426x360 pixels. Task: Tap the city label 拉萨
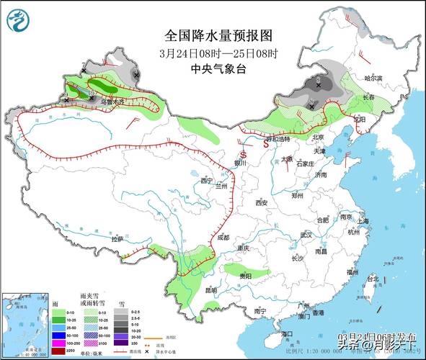click(117, 238)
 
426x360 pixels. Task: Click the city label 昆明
click(210, 290)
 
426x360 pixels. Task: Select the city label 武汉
click(306, 235)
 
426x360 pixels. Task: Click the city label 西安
click(260, 204)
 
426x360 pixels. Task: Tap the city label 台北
click(373, 278)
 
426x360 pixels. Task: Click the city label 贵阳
click(246, 276)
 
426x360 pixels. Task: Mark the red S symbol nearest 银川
click(243, 154)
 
